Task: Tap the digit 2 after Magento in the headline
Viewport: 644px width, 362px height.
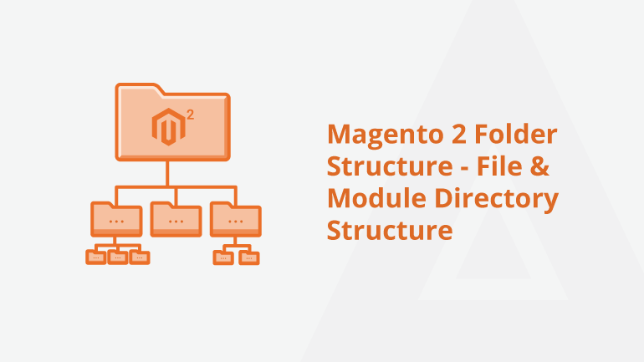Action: [x=459, y=134]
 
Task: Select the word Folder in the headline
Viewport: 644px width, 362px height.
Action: [x=516, y=134]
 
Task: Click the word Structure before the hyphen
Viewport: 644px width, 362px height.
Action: [x=390, y=166]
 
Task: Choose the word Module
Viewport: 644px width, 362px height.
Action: [x=376, y=198]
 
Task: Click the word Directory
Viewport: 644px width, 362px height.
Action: [x=497, y=200]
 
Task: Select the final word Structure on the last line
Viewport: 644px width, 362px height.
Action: [x=390, y=230]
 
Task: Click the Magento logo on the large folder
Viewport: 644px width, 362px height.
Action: [x=168, y=127]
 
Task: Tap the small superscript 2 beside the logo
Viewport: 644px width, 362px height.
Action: [x=190, y=115]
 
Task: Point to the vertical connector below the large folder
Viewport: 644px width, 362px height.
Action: [x=167, y=174]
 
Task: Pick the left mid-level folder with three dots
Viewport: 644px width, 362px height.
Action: [x=116, y=219]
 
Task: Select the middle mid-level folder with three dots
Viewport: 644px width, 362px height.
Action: [x=176, y=219]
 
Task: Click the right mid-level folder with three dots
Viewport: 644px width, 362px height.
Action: [x=235, y=219]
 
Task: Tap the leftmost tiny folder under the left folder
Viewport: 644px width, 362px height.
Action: [x=95, y=257]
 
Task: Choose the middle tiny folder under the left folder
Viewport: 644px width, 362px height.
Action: [x=118, y=257]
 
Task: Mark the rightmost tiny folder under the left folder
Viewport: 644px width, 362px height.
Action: [x=140, y=257]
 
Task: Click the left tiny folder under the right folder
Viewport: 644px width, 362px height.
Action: [x=223, y=257]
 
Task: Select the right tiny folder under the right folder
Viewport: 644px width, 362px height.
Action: [x=249, y=257]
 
